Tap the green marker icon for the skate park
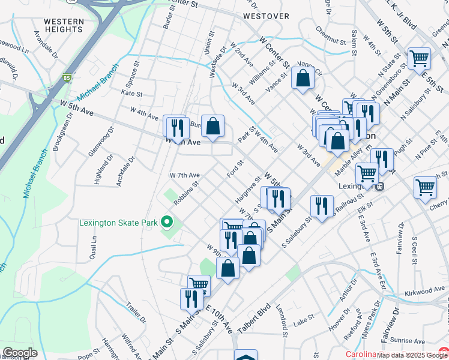[169, 223]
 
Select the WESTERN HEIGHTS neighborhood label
[64, 26]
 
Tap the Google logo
[20, 353]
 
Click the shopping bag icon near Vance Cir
[303, 77]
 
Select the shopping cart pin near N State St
[419, 59]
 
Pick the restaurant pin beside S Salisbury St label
[322, 206]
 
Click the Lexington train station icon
[379, 186]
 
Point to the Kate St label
[131, 94]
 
